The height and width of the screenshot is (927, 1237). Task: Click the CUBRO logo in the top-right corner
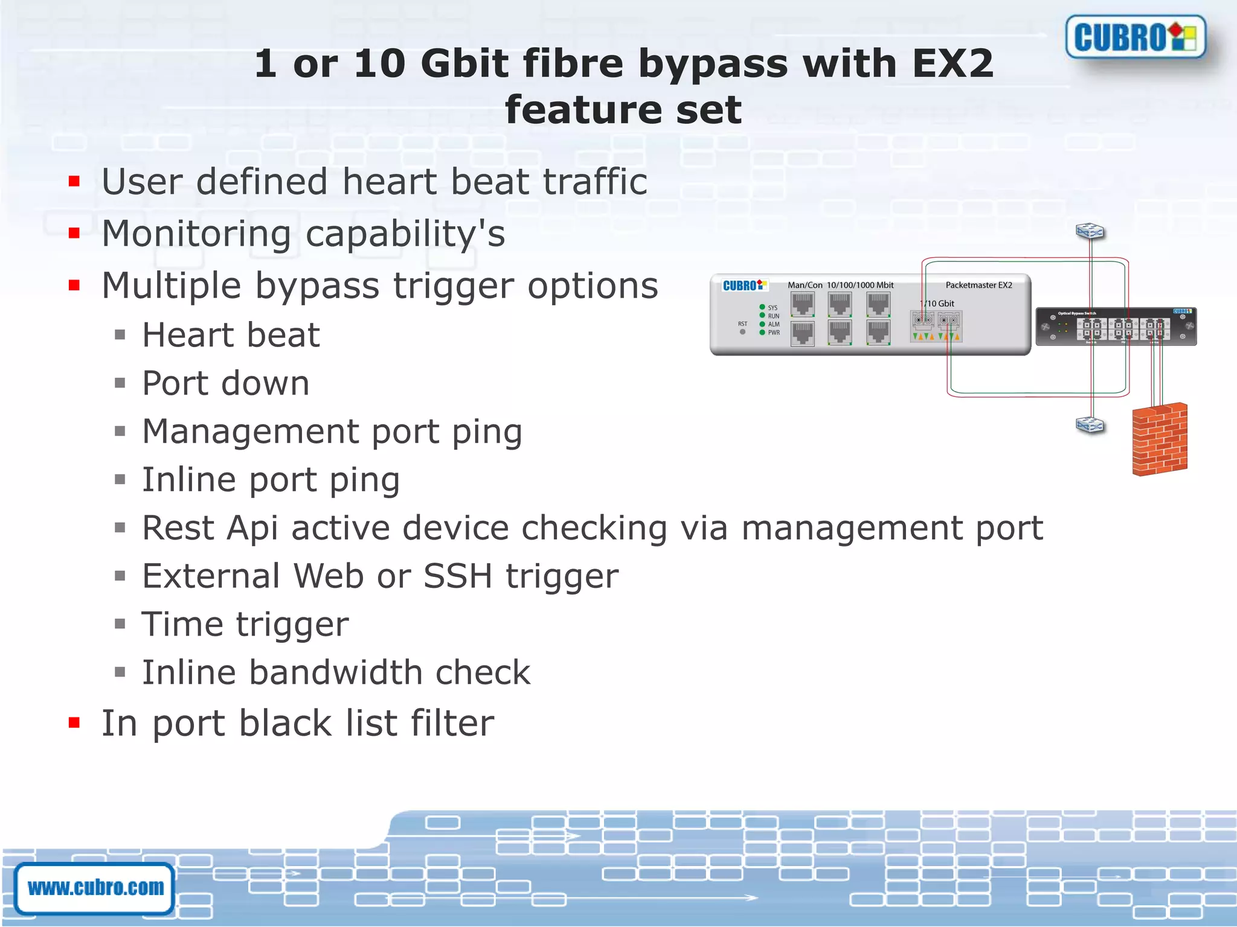click(x=1136, y=37)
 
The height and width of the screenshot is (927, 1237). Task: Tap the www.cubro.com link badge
click(x=95, y=888)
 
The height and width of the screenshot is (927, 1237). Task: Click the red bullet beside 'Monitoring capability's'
click(x=74, y=234)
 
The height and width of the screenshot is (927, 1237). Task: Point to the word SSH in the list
click(x=458, y=576)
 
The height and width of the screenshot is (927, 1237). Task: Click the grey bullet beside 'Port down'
click(x=120, y=383)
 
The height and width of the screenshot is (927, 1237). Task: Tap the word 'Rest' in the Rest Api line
click(x=178, y=528)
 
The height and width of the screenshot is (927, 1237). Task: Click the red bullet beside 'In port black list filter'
click(x=74, y=722)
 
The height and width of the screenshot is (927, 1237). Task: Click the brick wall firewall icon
click(x=1159, y=439)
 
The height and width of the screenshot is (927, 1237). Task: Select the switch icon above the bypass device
click(x=1090, y=231)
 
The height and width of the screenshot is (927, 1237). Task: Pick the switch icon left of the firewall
click(x=1090, y=425)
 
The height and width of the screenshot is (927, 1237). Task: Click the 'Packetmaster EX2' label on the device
click(x=978, y=285)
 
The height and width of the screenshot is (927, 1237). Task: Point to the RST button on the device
click(x=742, y=331)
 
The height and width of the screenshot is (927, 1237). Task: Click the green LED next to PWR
click(x=762, y=333)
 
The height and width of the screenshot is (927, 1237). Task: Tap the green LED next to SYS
click(x=762, y=307)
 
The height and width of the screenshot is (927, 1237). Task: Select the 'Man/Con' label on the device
click(x=805, y=285)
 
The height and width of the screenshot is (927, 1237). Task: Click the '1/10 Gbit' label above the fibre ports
click(x=937, y=304)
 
